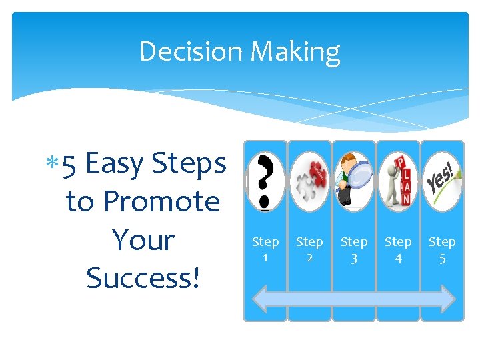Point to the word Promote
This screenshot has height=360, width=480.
(x=162, y=201)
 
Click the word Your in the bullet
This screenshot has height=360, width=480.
(x=143, y=240)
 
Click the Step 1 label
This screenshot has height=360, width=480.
(x=265, y=249)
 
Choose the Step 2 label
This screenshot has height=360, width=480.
(x=309, y=249)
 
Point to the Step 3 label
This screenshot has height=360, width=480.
(x=353, y=249)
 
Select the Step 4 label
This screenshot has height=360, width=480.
(x=398, y=249)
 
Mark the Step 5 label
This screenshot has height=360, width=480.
(x=442, y=249)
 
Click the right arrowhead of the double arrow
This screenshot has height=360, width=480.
(x=448, y=298)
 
